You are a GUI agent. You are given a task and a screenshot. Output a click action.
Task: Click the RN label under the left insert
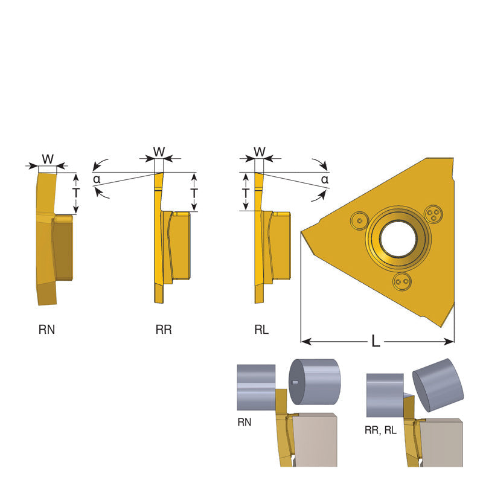point(47,330)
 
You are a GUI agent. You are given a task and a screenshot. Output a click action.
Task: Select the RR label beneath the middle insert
point(164,330)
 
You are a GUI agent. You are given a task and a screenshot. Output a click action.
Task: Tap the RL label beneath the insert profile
point(261,330)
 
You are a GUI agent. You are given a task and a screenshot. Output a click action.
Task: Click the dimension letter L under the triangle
point(376,341)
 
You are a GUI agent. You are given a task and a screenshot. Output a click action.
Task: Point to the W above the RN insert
point(48,159)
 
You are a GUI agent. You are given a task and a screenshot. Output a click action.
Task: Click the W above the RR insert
point(159,152)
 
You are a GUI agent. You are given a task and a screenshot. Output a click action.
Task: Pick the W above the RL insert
point(260,152)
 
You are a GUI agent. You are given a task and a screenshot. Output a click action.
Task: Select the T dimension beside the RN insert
point(76,193)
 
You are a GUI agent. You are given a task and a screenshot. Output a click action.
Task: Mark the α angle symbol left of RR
point(97,179)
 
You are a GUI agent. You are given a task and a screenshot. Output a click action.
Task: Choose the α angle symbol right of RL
point(325,179)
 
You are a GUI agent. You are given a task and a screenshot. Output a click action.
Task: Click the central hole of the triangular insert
point(398,238)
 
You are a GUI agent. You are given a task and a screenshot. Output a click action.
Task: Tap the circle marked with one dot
point(359,220)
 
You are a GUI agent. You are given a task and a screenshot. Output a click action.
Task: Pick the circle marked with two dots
point(402,281)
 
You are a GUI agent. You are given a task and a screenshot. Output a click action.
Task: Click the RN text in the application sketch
point(245,422)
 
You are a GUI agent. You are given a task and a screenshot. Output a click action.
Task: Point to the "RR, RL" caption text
point(380,430)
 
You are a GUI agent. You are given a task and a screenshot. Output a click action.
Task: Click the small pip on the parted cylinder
point(295,383)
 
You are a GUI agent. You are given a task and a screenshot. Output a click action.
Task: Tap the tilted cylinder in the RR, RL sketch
point(438,385)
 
